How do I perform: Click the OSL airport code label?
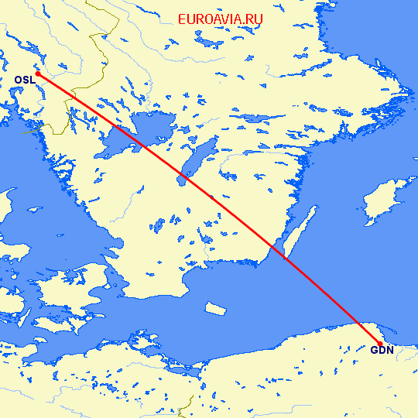coord(24,80)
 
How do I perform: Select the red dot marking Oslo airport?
coord(37,74)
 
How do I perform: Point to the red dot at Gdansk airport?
coord(379,344)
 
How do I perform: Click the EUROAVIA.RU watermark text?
coord(220,19)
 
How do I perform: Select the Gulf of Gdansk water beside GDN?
coord(387,329)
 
